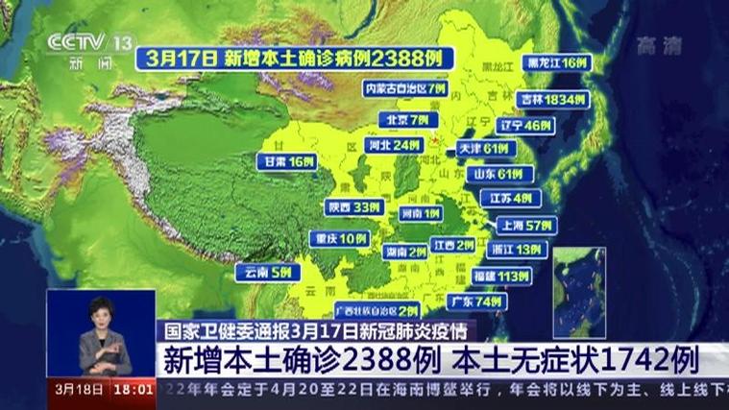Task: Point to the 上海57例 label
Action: coord(523,226)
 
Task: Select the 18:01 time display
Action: coord(134,391)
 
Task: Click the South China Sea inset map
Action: coord(579,292)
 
